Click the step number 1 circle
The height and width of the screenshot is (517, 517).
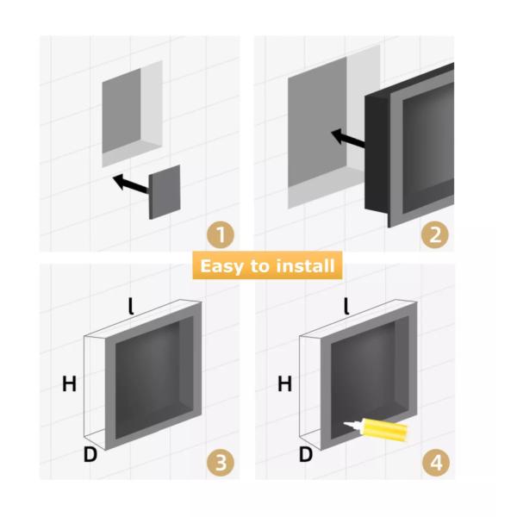[x=221, y=234]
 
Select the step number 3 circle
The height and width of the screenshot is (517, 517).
[x=221, y=463]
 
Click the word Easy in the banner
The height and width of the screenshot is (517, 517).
[x=221, y=265]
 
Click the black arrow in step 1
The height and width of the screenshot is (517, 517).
[x=129, y=183]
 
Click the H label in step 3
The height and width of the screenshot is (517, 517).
[x=69, y=384]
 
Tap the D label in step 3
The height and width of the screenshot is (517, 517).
[x=90, y=454]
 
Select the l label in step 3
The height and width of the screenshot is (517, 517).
[x=131, y=305]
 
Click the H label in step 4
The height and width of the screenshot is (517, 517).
[x=284, y=384]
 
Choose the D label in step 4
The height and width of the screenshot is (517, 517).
[x=305, y=454]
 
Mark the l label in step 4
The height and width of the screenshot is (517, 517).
[x=346, y=305]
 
